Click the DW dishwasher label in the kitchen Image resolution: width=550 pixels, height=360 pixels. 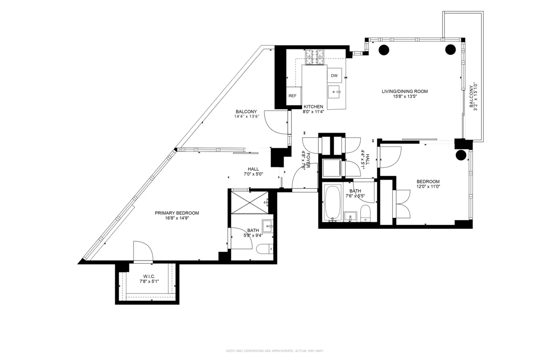pyautogui.click(x=334, y=76)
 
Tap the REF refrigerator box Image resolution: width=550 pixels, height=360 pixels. pyautogui.click(x=292, y=96)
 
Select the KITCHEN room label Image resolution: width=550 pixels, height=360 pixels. pyautogui.click(x=313, y=107)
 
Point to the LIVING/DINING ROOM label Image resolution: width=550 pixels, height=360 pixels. pyautogui.click(x=404, y=91)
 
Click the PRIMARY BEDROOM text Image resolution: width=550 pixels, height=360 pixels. pyautogui.click(x=176, y=213)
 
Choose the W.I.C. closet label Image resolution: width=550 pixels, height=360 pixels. pyautogui.click(x=149, y=277)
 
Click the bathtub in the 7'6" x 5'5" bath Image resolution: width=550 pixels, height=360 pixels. pyautogui.click(x=332, y=203)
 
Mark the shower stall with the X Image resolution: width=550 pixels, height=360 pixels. pyautogui.click(x=251, y=201)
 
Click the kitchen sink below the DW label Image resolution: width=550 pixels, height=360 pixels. pyautogui.click(x=335, y=92)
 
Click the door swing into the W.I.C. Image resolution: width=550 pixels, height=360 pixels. pyautogui.click(x=143, y=251)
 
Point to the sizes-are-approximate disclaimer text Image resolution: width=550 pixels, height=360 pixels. pyautogui.click(x=275, y=351)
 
